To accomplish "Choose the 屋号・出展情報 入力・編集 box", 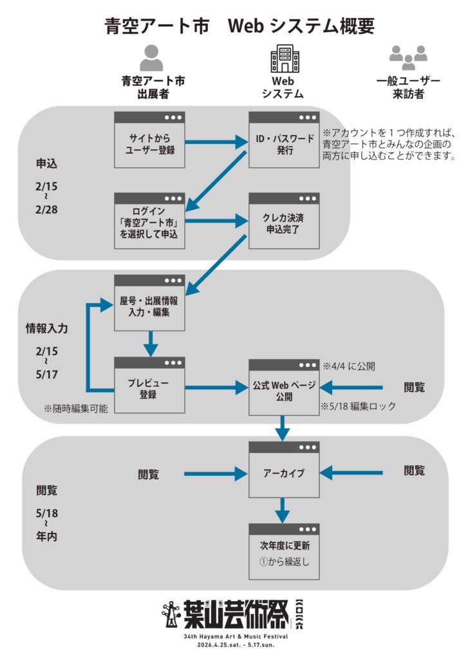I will tap(149, 302).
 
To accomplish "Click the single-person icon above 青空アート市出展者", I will tap(152, 57).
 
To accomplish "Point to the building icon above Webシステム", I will tap(284, 58).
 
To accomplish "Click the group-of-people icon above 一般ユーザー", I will tap(408, 57).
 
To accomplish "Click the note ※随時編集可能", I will tap(76, 408).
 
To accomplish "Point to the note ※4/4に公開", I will tap(349, 366).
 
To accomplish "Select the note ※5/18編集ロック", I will tap(358, 407).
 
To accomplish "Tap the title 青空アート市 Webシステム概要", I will tap(239, 26).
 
